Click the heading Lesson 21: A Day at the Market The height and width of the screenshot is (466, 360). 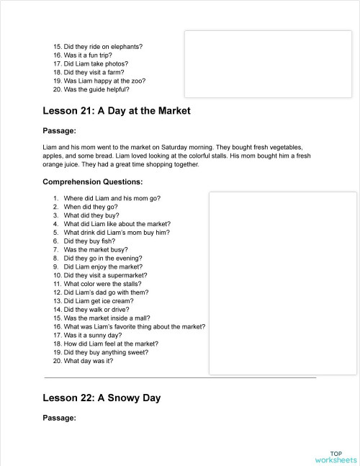click(116, 112)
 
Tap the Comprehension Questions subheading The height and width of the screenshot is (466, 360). click(93, 182)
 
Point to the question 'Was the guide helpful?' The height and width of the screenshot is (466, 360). click(96, 90)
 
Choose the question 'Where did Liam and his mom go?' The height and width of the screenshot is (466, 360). click(112, 197)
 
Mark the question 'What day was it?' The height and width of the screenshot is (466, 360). click(88, 361)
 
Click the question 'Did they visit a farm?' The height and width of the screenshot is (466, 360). click(94, 73)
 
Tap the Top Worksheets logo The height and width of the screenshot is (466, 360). click(336, 457)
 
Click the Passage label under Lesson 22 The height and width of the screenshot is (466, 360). click(59, 418)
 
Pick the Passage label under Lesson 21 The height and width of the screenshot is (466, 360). click(59, 131)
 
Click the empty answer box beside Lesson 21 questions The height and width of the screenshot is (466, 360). click(282, 282)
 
